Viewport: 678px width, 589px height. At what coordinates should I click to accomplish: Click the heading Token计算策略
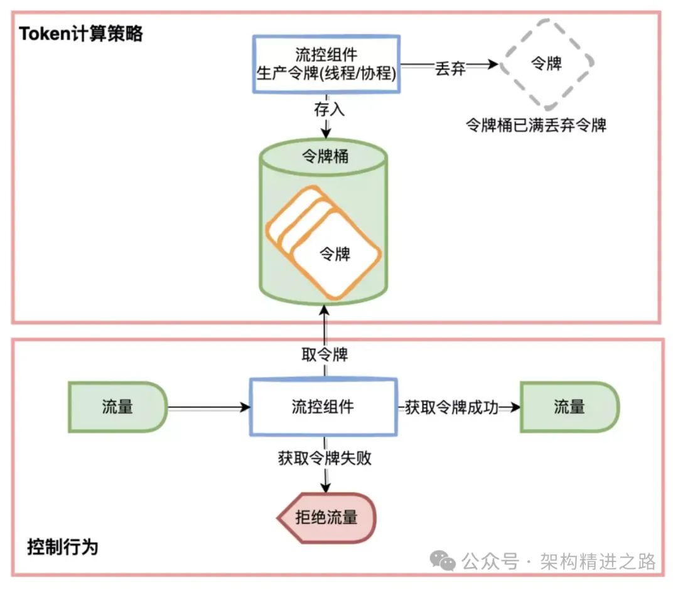81,33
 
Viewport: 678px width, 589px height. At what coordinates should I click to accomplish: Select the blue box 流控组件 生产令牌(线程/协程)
326,64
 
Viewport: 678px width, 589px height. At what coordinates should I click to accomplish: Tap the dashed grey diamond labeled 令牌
546,63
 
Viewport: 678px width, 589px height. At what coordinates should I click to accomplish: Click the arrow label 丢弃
450,68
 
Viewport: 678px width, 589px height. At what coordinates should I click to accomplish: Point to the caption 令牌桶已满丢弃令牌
535,125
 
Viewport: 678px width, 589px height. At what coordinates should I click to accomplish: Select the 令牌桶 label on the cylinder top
325,156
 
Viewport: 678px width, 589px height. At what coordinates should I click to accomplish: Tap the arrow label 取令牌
325,354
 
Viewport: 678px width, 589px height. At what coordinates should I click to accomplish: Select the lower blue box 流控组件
324,407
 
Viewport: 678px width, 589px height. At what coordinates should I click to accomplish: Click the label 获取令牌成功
451,408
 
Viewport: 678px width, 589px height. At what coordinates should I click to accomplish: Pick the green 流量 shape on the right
569,407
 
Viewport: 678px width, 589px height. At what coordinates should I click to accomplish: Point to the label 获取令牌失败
325,458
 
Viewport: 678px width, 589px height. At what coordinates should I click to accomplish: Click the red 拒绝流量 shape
326,517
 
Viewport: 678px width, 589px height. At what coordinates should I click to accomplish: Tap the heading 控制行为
63,546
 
